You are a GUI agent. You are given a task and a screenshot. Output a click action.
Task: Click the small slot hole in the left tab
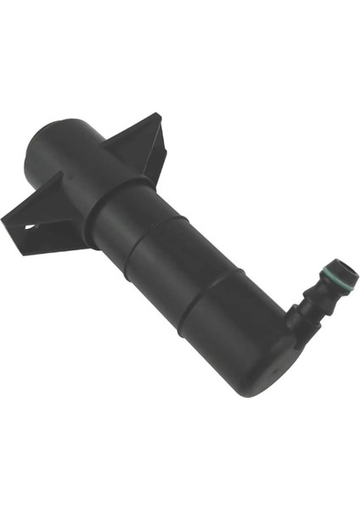[x=31, y=227]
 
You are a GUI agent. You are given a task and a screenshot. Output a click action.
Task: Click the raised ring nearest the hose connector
[x=204, y=297]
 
